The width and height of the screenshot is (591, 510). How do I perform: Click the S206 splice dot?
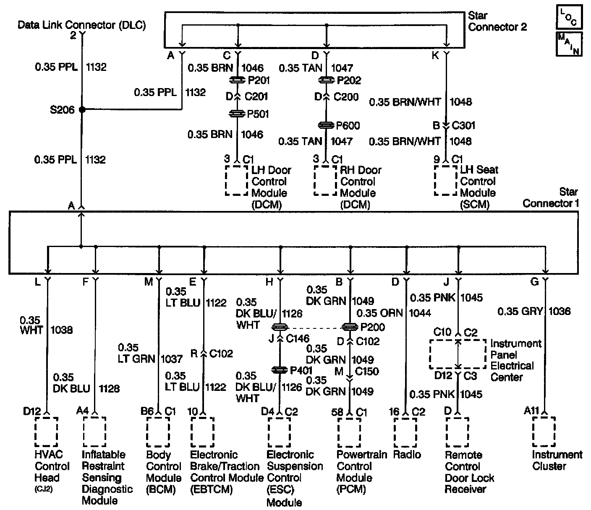click(82, 109)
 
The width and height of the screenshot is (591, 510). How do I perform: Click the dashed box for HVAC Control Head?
click(46, 432)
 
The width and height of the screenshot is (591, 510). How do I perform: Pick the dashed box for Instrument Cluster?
click(544, 432)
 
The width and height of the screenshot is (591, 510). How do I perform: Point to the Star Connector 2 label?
click(497, 21)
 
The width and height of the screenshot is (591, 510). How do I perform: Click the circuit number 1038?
click(61, 330)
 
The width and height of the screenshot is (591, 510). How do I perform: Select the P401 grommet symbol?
click(280, 370)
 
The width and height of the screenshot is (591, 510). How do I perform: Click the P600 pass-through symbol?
click(326, 125)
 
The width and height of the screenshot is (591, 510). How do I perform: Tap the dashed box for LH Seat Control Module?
click(445, 180)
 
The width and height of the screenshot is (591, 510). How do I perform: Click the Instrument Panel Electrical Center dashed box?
click(458, 354)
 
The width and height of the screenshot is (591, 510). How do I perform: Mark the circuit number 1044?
click(420, 313)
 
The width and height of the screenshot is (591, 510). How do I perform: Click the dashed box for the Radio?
click(405, 432)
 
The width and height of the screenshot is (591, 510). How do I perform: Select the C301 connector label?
click(463, 125)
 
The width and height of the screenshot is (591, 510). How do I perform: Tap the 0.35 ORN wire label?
click(379, 313)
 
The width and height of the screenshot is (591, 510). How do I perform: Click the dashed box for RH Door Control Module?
click(325, 180)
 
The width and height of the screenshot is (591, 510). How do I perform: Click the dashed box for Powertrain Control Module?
click(349, 432)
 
